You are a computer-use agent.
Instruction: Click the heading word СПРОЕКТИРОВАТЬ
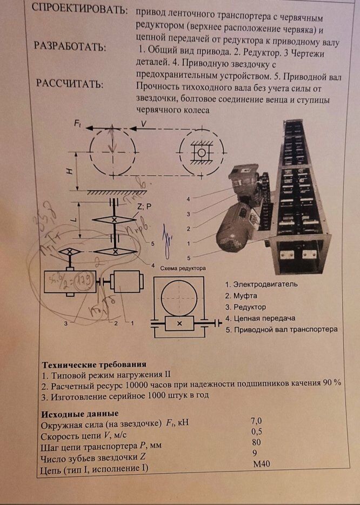click(x=79, y=10)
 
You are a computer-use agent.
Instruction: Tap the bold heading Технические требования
click(x=94, y=364)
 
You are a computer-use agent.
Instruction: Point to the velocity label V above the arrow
click(x=143, y=124)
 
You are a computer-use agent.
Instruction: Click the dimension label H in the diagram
click(x=69, y=171)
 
